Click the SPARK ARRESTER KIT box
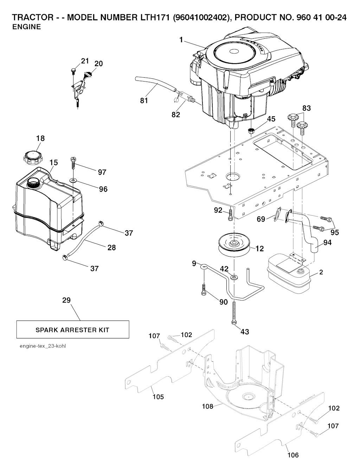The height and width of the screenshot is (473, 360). pyautogui.click(x=72, y=330)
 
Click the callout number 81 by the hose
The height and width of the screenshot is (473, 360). pyautogui.click(x=144, y=101)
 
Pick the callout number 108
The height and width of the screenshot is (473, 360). pyautogui.click(x=207, y=406)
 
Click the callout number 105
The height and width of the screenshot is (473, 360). pyautogui.click(x=158, y=397)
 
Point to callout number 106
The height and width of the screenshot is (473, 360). pyautogui.click(x=293, y=455)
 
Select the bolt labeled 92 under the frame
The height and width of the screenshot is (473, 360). pyautogui.click(x=230, y=215)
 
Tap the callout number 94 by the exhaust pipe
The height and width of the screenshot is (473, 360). pyautogui.click(x=327, y=242)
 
